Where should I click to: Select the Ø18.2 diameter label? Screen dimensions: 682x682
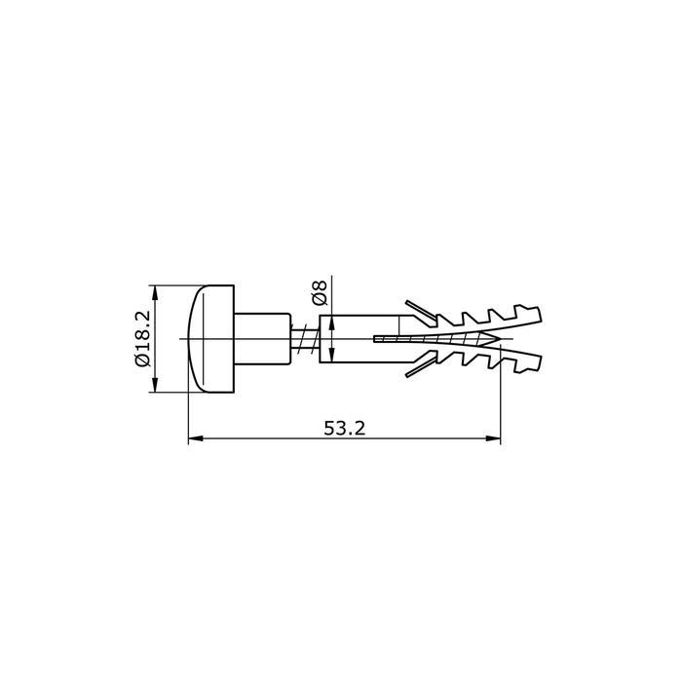(x=141, y=338)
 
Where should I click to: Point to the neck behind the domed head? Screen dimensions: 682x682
(x=263, y=338)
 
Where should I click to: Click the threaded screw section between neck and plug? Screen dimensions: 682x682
(x=305, y=338)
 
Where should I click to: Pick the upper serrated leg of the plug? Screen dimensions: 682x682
(x=487, y=321)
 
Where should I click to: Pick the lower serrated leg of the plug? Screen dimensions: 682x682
(x=487, y=358)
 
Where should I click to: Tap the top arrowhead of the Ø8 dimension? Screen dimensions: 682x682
(x=334, y=322)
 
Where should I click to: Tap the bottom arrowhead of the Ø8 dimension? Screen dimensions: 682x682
(x=334, y=355)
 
